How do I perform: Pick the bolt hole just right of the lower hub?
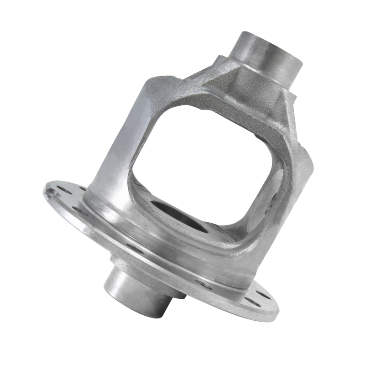pos(203,285)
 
